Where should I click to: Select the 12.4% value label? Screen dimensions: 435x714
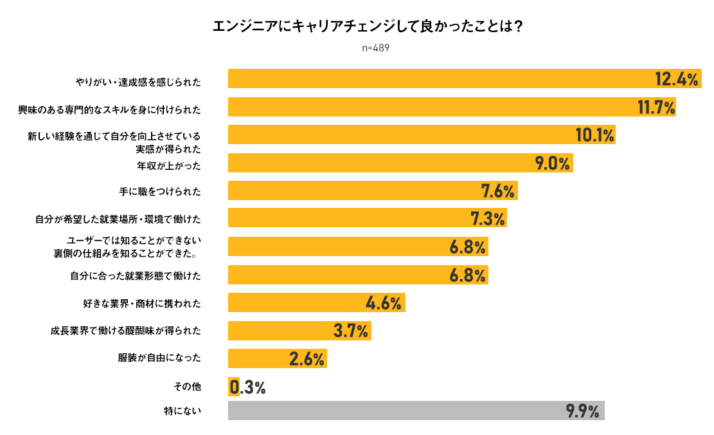point(676,79)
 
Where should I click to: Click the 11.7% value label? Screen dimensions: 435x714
point(656,107)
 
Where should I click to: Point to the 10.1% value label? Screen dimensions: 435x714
point(594,135)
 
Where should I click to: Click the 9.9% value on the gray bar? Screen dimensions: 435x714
point(583,411)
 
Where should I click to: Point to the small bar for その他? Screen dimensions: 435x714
point(233,387)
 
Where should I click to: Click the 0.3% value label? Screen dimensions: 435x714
point(248,387)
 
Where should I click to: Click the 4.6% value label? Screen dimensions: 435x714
point(384,303)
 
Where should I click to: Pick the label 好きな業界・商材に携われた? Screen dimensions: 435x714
point(138,303)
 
